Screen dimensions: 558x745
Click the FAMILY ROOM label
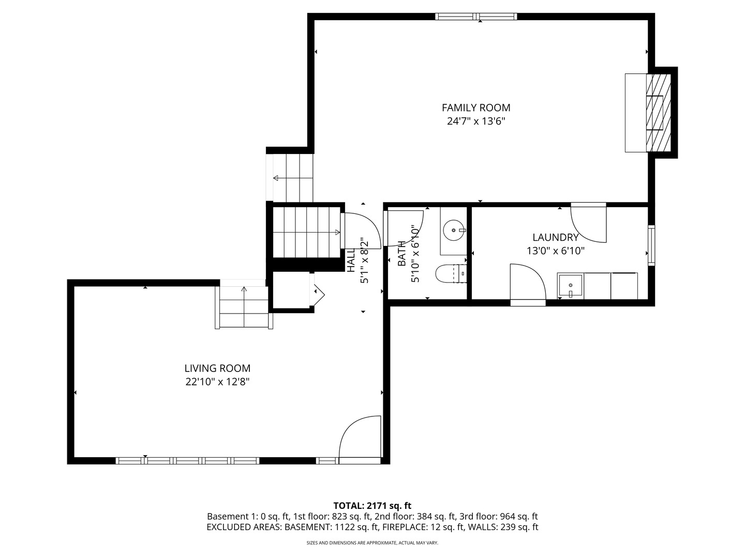point(475,107)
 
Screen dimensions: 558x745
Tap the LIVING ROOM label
point(217,368)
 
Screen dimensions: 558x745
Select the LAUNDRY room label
point(555,237)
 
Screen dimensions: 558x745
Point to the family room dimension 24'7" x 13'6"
point(475,121)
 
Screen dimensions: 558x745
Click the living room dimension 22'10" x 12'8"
point(217,382)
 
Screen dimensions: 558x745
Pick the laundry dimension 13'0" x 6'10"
point(555,251)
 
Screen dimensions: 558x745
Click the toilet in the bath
point(451,273)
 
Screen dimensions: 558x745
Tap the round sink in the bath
point(454,230)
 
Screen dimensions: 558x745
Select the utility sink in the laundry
point(570,286)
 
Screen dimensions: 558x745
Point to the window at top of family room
point(476,17)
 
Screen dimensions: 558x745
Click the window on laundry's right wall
point(651,245)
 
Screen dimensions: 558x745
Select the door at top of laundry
point(589,223)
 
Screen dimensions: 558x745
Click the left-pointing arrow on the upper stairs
point(276,178)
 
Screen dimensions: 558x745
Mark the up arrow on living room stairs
point(244,289)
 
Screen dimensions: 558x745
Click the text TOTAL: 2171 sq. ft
point(372,505)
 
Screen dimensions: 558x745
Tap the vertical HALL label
point(351,260)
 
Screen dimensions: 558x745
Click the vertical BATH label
point(401,253)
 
